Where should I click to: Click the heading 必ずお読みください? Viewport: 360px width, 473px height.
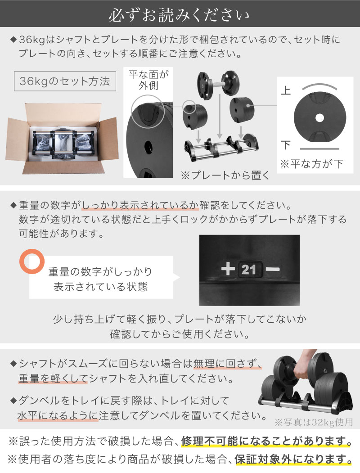[180, 14]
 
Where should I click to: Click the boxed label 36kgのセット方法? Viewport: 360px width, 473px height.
[65, 81]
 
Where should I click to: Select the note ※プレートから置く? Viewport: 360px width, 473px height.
[225, 175]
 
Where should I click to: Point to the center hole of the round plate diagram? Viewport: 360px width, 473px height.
[319, 118]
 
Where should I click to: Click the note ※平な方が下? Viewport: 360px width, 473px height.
[311, 164]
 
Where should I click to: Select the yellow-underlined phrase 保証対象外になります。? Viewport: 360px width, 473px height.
[293, 459]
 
